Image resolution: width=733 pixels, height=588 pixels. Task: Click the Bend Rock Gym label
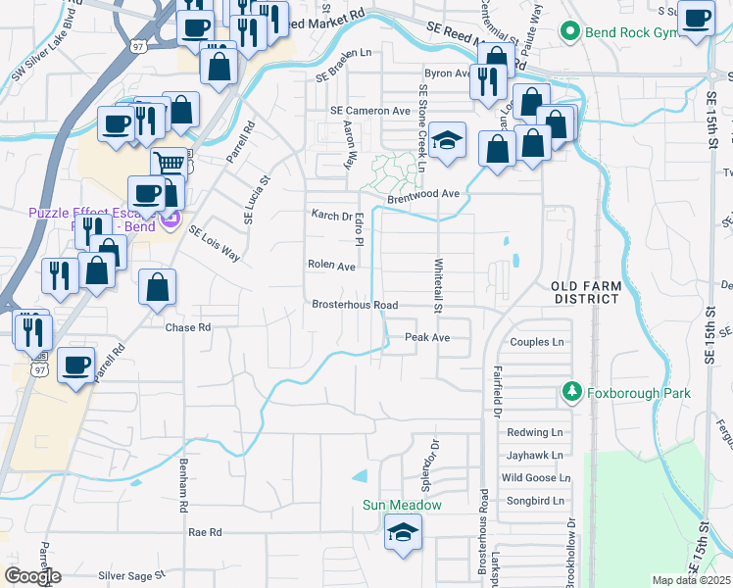[x=625, y=32]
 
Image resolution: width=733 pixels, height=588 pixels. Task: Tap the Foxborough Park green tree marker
[x=572, y=393]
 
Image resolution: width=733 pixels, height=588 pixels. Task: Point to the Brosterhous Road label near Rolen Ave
[x=354, y=305]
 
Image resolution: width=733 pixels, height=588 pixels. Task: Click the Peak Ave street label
[x=427, y=337]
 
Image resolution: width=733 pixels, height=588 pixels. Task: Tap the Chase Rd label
[x=188, y=327]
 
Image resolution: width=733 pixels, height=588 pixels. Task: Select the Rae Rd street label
[x=205, y=531]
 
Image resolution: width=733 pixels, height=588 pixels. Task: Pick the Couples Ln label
[x=538, y=342]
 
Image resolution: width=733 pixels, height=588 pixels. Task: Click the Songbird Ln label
[x=535, y=501]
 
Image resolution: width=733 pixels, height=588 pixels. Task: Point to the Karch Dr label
[x=331, y=216]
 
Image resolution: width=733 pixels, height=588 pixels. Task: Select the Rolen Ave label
[x=331, y=265]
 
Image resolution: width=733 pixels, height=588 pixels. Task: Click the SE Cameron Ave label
[x=369, y=111]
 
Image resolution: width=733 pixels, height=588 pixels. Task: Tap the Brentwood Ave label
[x=422, y=194]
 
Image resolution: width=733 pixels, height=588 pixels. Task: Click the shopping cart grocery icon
[x=170, y=164]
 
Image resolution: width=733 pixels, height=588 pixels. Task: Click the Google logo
[x=32, y=576]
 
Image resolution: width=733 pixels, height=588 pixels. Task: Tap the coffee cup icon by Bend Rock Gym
[x=696, y=18]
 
